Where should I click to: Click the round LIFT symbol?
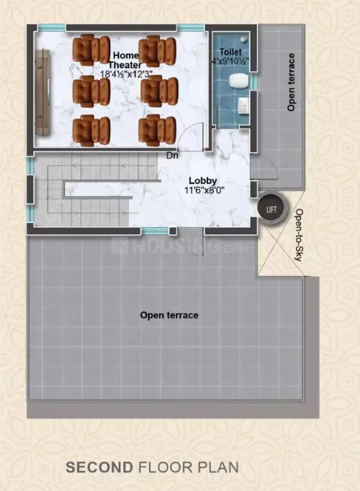(271, 209)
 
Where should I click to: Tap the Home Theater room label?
(125, 60)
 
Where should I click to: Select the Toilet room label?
(230, 51)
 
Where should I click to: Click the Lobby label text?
(203, 181)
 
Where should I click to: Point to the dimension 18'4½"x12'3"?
(126, 74)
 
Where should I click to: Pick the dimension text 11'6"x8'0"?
(204, 190)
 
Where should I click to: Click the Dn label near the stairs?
(172, 155)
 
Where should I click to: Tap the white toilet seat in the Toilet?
(239, 81)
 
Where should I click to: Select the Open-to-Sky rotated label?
(299, 235)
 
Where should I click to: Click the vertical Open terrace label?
(291, 82)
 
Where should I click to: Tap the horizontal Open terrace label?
(169, 315)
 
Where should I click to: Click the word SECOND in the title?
(100, 468)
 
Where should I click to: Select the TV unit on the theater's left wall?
(42, 92)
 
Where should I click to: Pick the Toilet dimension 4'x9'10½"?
(230, 61)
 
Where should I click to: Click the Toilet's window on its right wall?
(255, 81)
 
